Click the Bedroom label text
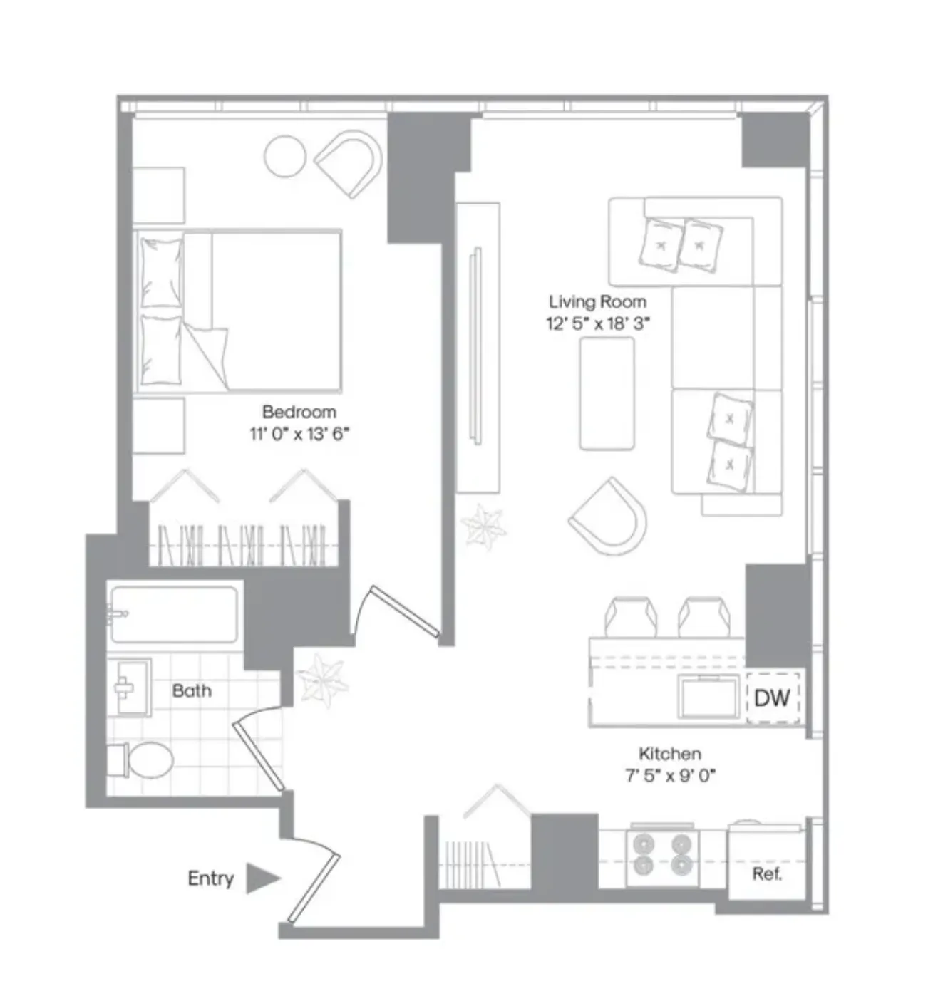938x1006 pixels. click(x=299, y=412)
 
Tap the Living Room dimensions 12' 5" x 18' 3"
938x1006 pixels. click(x=598, y=324)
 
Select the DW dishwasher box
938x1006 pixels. click(x=772, y=698)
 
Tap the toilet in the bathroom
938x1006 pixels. click(x=142, y=761)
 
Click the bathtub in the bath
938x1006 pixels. click(x=174, y=613)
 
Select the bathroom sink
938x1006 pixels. click(x=130, y=687)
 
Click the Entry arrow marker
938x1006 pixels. click(x=262, y=878)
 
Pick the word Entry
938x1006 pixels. click(x=210, y=878)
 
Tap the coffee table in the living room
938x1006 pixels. click(x=607, y=393)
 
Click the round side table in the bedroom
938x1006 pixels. click(x=285, y=157)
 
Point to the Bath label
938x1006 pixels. click(x=192, y=690)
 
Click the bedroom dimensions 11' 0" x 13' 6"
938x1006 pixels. click(x=299, y=434)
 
